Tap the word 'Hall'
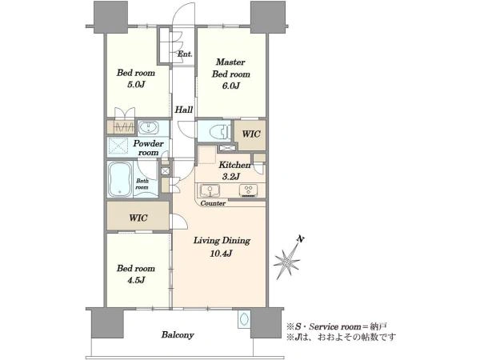click(x=183, y=110)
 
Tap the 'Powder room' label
click(x=150, y=148)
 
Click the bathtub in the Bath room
click(x=122, y=180)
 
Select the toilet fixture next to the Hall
click(x=215, y=131)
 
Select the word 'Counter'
click(x=213, y=204)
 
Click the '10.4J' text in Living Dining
click(x=220, y=254)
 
